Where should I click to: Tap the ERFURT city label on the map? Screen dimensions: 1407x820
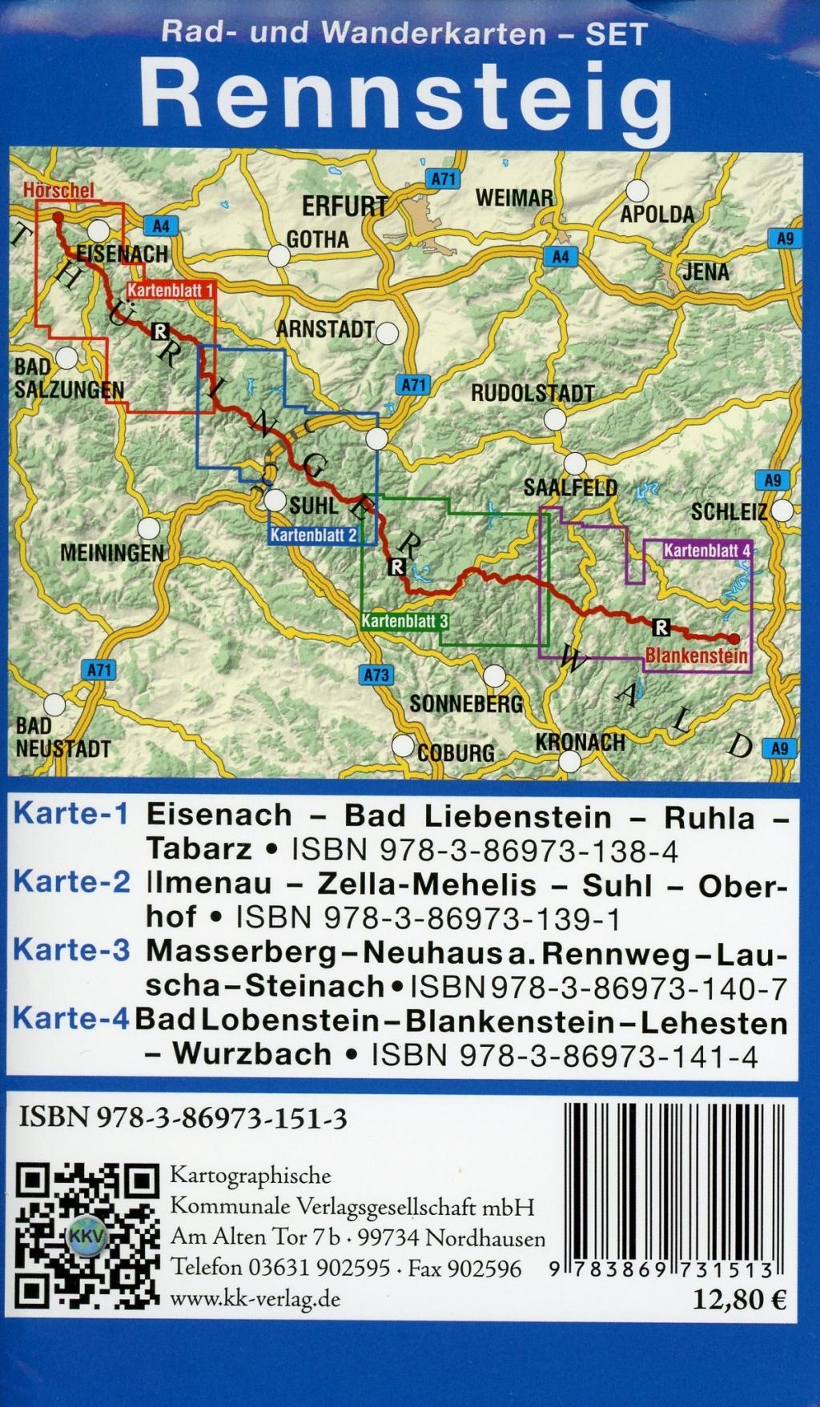point(344,206)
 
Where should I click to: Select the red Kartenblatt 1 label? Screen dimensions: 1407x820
point(171,291)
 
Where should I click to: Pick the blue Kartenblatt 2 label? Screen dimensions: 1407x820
point(313,535)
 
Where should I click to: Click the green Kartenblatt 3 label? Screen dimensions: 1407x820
point(404,620)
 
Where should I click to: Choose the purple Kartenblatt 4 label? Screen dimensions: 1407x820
point(707,551)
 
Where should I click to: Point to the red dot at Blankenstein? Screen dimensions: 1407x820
point(734,638)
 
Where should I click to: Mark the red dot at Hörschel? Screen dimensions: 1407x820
point(57,216)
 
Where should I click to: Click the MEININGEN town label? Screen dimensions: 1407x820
point(111,552)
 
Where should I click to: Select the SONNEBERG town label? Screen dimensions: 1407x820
point(465,703)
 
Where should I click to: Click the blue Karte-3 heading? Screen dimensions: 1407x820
point(71,951)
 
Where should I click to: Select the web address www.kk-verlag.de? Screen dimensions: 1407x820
point(255,1298)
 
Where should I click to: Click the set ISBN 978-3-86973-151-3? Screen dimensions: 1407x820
point(183,1119)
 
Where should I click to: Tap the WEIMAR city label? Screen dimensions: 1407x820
point(513,198)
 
